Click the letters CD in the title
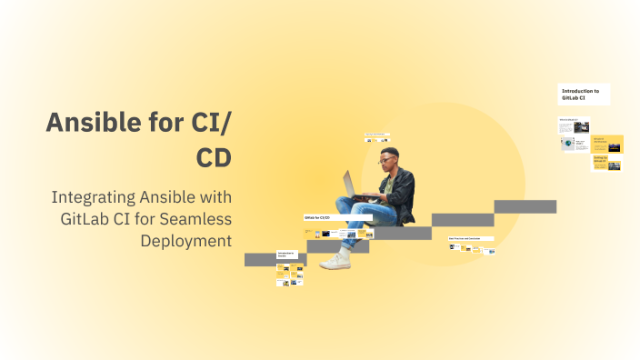tap(214, 156)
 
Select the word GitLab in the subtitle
tap(89, 219)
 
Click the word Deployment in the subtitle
tap(185, 240)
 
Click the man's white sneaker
tap(335, 261)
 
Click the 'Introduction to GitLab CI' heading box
tap(583, 95)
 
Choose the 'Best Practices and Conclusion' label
tap(470, 238)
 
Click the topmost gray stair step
tap(525, 206)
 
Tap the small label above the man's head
tap(375, 135)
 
